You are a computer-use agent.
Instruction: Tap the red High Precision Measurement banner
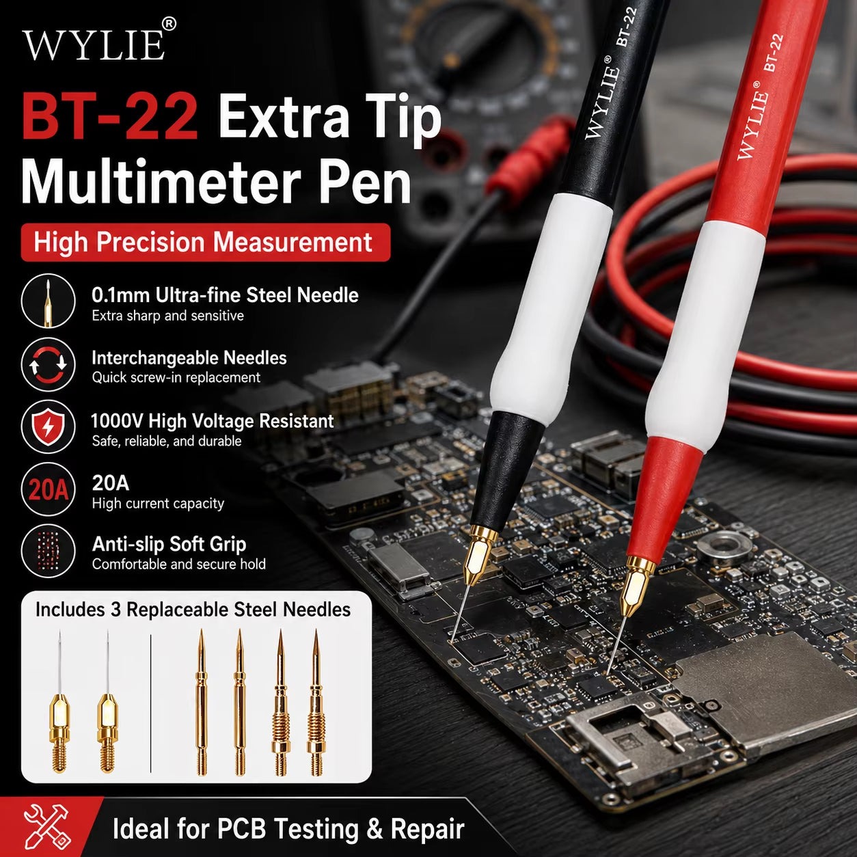[206, 243]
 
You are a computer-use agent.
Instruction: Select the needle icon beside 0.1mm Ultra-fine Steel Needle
[48, 301]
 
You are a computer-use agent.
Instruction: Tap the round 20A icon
[48, 489]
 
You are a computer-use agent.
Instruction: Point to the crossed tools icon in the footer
[46, 826]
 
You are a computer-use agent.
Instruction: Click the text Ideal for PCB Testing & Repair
[288, 828]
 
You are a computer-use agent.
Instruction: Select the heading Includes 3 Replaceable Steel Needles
[193, 610]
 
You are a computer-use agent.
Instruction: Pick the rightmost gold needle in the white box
[316, 703]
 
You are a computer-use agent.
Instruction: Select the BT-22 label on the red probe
[773, 53]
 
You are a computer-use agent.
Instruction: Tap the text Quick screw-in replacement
[176, 377]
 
